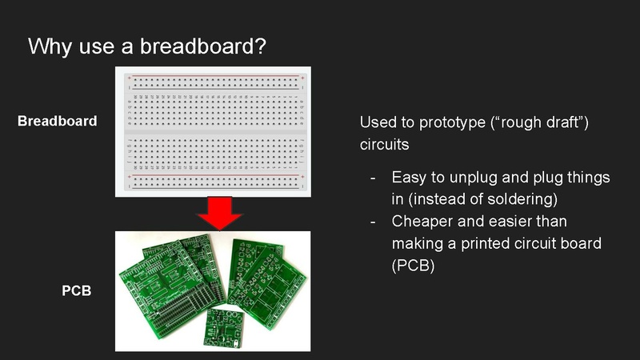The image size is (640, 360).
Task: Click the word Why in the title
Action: tap(50, 46)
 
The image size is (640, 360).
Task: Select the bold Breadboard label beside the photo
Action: tap(57, 122)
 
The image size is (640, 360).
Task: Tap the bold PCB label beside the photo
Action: tap(77, 291)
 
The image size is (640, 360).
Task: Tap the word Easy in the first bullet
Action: tap(409, 177)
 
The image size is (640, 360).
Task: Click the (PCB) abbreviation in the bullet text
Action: tap(413, 266)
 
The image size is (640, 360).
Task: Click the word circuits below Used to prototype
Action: tap(384, 146)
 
